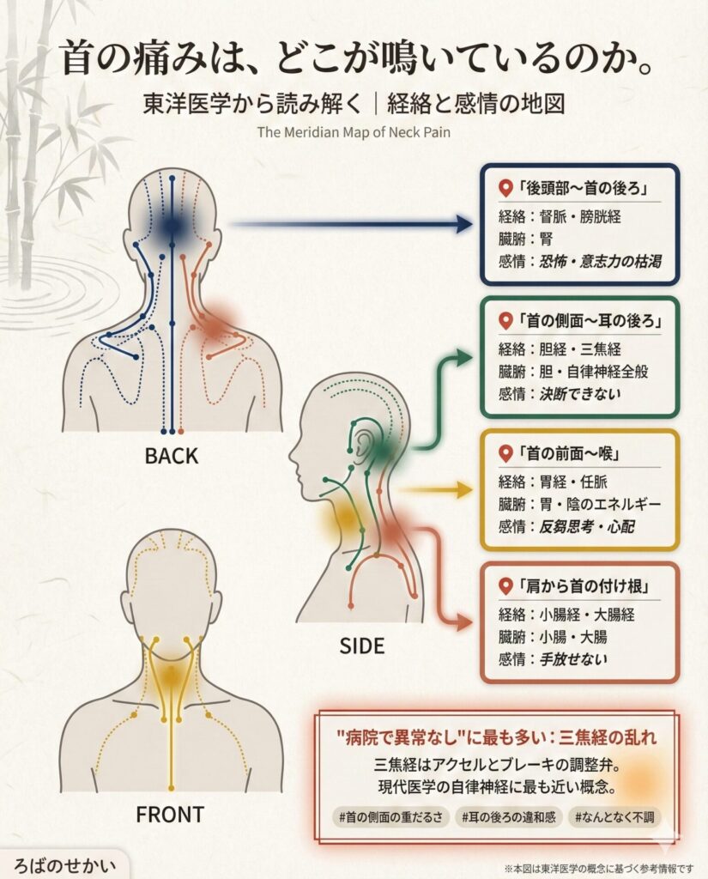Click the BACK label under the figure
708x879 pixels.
tap(172, 456)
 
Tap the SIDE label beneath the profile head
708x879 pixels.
tap(361, 645)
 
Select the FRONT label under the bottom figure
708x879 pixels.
tap(170, 813)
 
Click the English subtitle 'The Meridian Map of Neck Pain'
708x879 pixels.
tap(354, 132)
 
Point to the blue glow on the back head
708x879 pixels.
tap(172, 224)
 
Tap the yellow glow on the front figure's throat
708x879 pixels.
tap(172, 676)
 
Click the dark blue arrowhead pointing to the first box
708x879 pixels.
tap(464, 225)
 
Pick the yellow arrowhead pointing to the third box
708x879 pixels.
tap(465, 491)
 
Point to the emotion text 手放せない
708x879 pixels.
tap(572, 659)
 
